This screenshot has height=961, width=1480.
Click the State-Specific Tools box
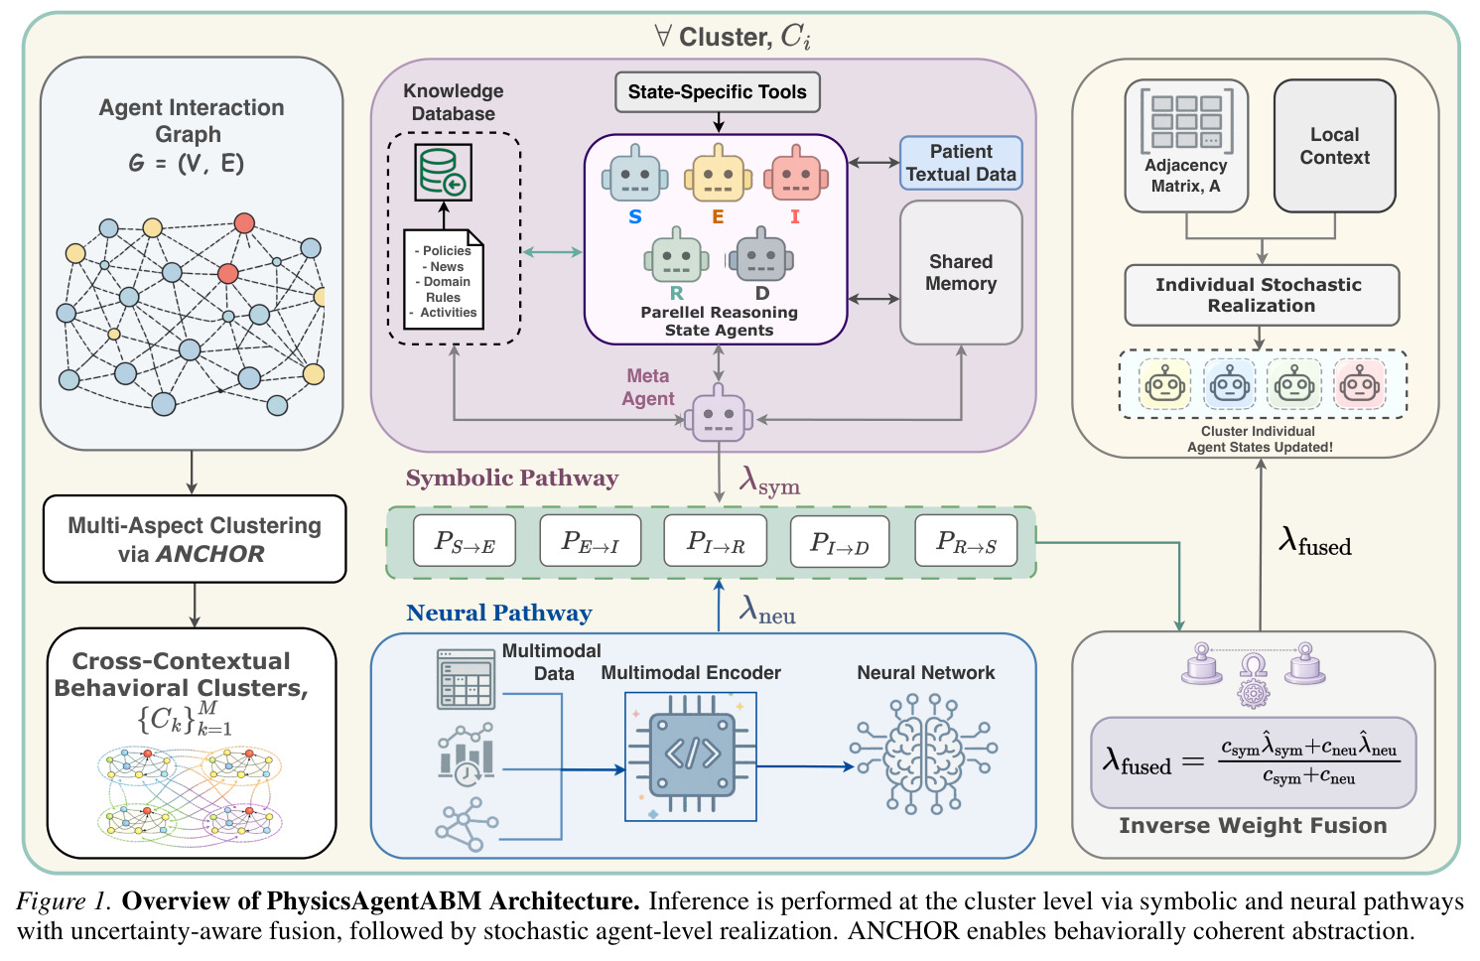(x=717, y=92)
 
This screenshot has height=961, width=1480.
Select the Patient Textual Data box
(x=961, y=163)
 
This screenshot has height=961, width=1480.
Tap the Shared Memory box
(x=961, y=272)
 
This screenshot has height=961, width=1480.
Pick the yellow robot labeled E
(x=718, y=174)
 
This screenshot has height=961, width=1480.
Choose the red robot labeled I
(x=796, y=174)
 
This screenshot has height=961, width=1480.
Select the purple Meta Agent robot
(x=719, y=413)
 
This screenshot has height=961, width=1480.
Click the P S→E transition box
(x=465, y=541)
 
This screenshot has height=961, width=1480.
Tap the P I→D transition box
(x=839, y=541)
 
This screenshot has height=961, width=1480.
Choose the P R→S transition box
(x=966, y=541)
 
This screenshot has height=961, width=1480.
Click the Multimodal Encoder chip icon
(x=691, y=756)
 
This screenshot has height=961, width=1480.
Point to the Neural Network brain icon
(x=924, y=754)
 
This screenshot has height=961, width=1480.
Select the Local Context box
(x=1335, y=146)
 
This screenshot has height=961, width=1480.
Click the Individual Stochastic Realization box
(x=1262, y=296)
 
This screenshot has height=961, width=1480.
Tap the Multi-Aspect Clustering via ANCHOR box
(x=195, y=539)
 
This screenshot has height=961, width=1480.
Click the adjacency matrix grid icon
(x=1186, y=121)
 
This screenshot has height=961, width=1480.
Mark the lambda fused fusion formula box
(x=1254, y=762)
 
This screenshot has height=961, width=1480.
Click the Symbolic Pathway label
(x=512, y=478)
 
